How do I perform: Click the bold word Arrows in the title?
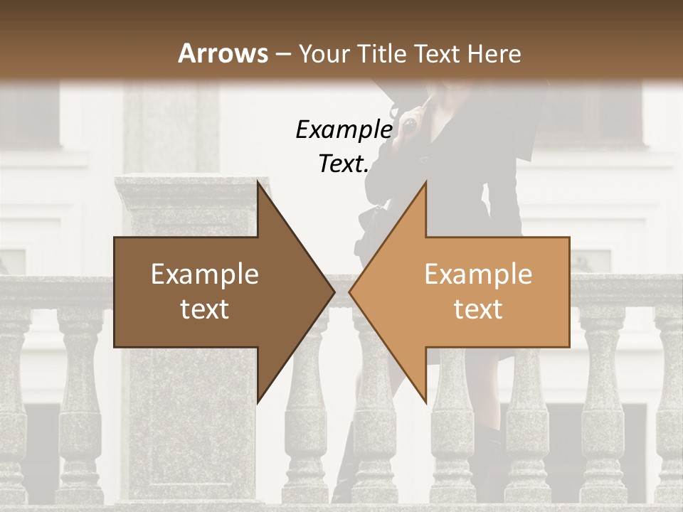tap(223, 53)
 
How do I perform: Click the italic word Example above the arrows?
tap(344, 129)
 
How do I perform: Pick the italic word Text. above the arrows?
tap(344, 164)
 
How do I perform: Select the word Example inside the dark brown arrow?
tap(205, 274)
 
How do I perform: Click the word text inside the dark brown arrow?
tap(205, 309)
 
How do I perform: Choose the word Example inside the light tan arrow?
tap(478, 274)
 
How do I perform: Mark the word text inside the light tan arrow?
tap(478, 309)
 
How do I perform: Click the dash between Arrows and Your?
tap(282, 54)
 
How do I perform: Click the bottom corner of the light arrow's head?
tap(425, 401)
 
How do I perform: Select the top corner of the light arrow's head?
tap(425, 182)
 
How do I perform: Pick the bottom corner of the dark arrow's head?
tap(258, 401)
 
